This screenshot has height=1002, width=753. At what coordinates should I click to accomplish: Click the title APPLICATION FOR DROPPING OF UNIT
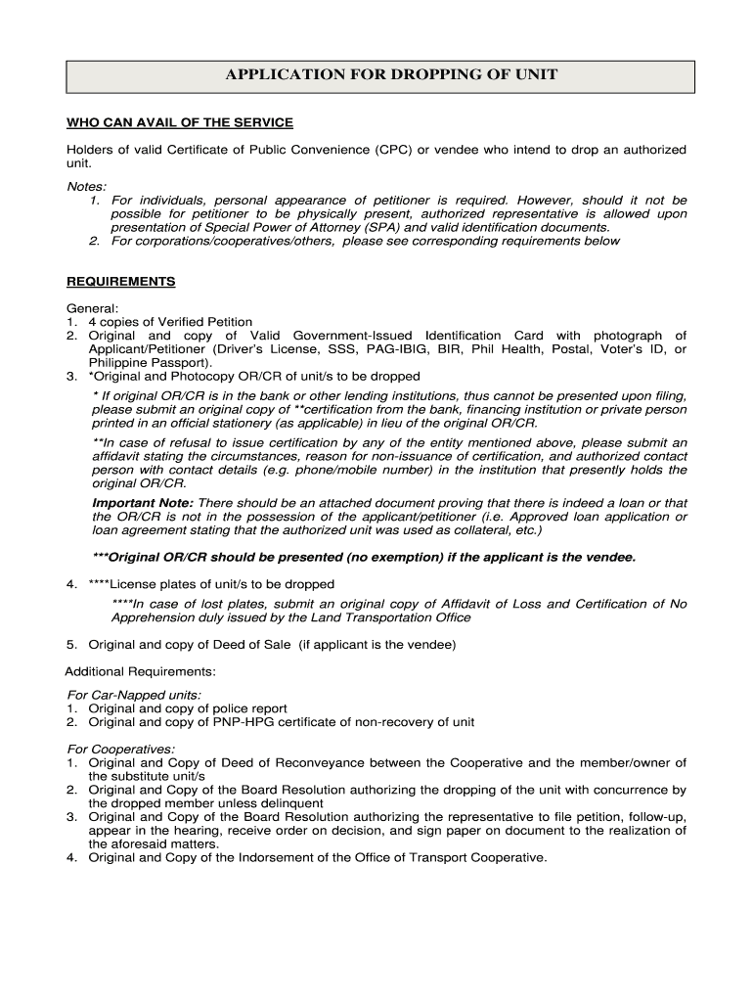[378, 75]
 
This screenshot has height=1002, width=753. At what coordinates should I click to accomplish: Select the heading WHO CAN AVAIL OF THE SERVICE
[179, 122]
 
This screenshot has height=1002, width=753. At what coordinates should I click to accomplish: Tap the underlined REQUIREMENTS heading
[120, 282]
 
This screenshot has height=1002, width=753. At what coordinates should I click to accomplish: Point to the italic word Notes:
[86, 186]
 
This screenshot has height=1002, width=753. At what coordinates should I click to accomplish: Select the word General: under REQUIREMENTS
[92, 308]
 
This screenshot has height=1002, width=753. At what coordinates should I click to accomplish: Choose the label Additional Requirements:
[140, 671]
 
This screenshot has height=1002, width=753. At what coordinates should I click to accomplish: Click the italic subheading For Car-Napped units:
[133, 695]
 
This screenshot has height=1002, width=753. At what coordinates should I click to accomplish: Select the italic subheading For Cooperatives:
[120, 750]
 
